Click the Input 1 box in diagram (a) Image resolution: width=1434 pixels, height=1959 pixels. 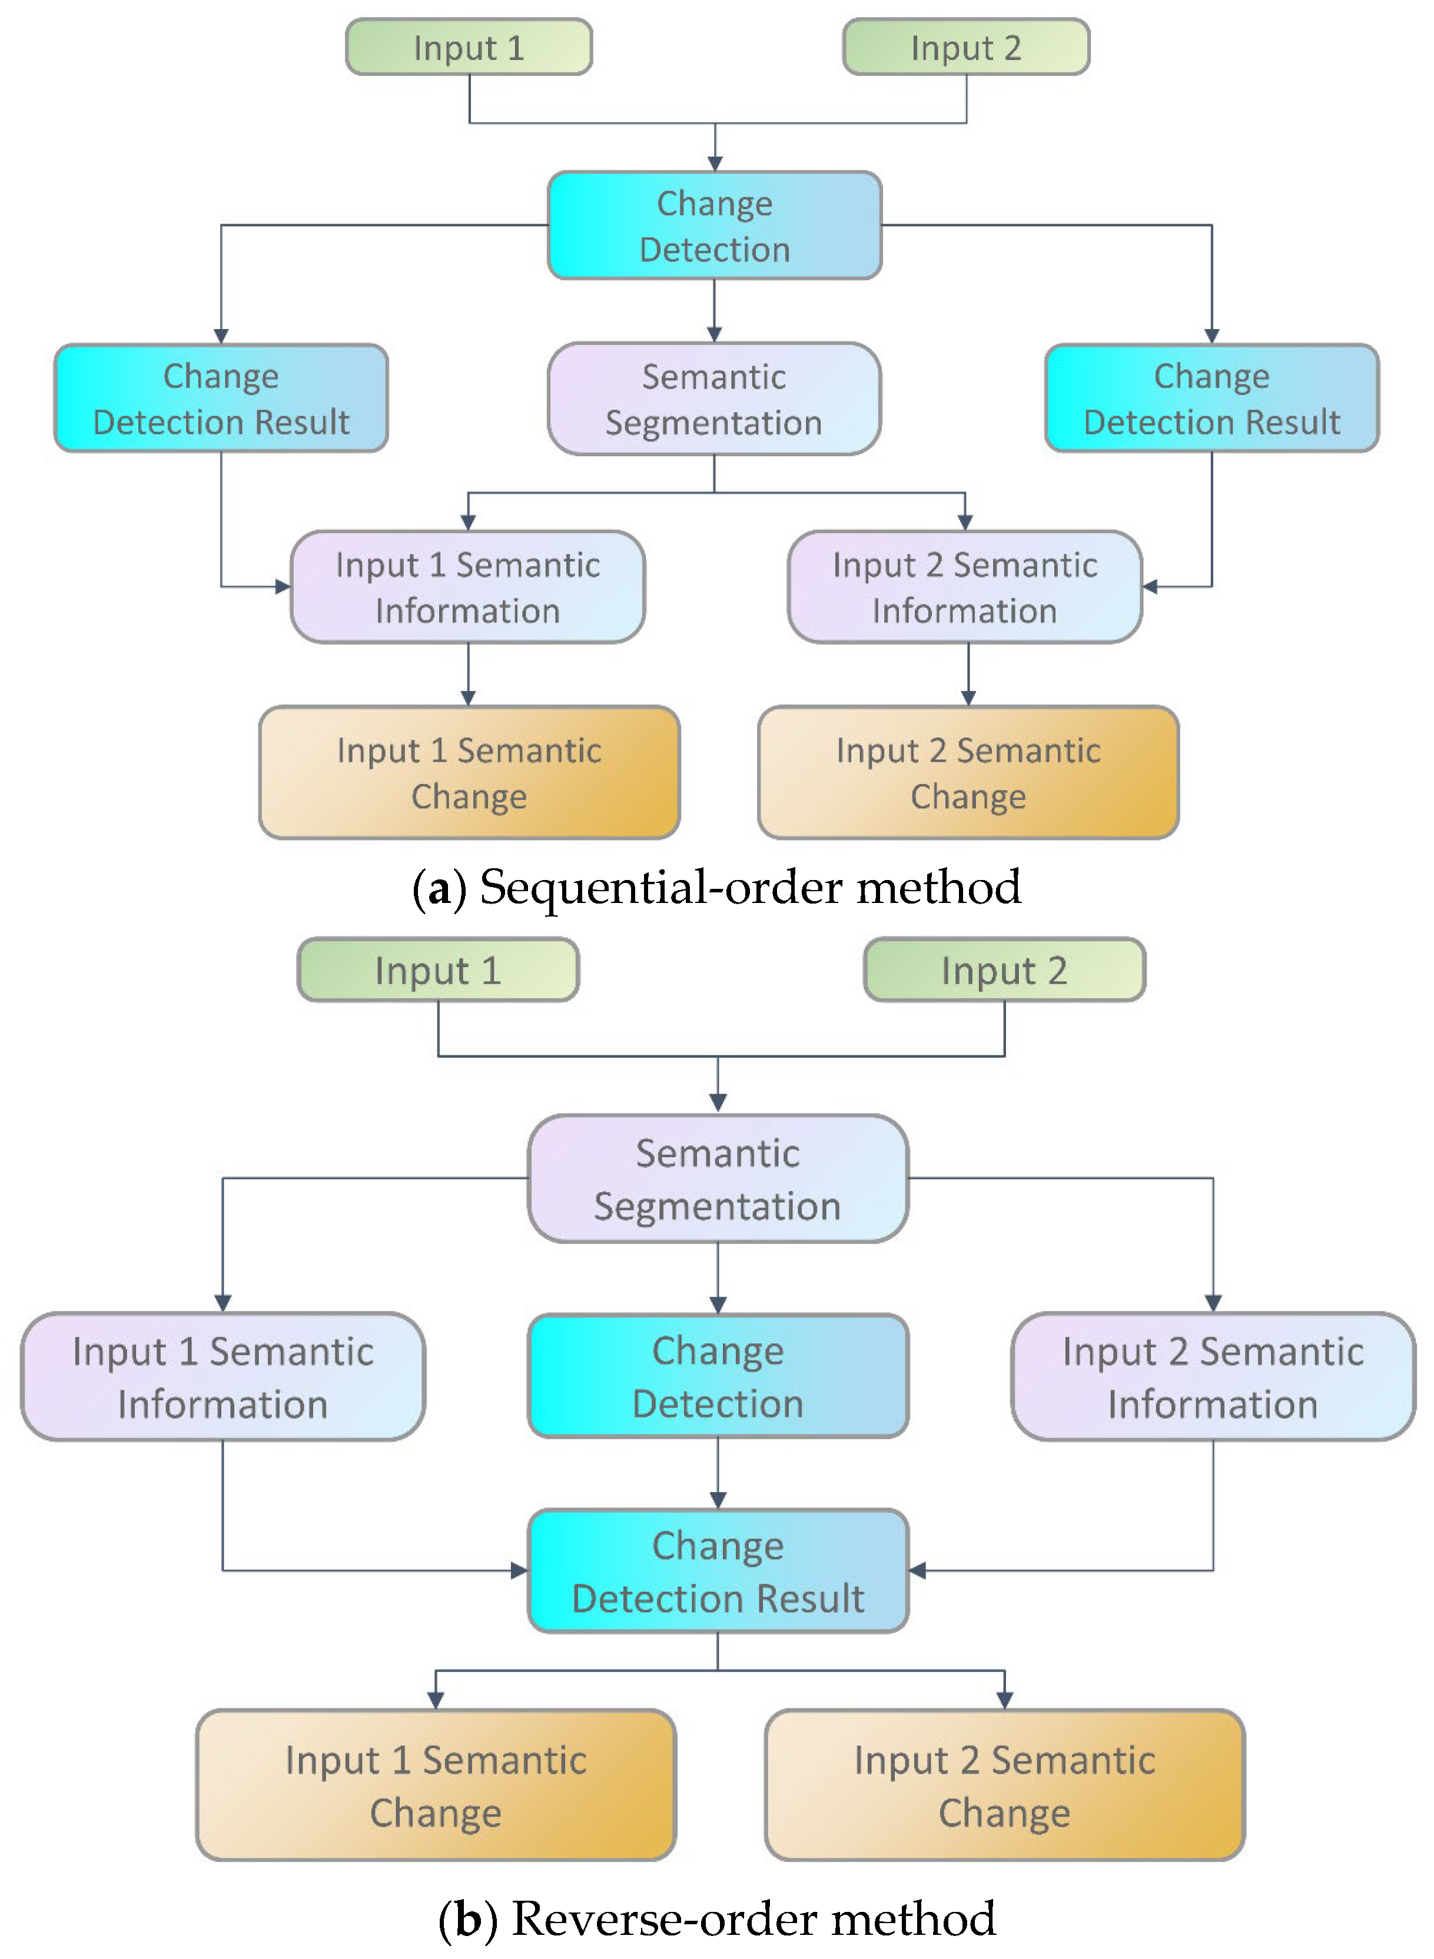point(469,47)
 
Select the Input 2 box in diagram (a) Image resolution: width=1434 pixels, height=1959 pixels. point(965,47)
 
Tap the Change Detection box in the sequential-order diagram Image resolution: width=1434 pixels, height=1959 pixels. point(715,225)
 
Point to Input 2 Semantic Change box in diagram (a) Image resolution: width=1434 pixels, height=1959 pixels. point(968,772)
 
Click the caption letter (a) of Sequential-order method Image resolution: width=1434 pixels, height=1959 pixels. point(440,888)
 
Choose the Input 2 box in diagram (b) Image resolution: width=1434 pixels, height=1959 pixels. point(1004,969)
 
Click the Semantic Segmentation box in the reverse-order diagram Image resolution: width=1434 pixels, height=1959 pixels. point(718,1178)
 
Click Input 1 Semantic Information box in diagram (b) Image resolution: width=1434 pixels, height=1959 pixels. point(223,1377)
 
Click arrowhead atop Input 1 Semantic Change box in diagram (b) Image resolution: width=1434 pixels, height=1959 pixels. point(436,1699)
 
